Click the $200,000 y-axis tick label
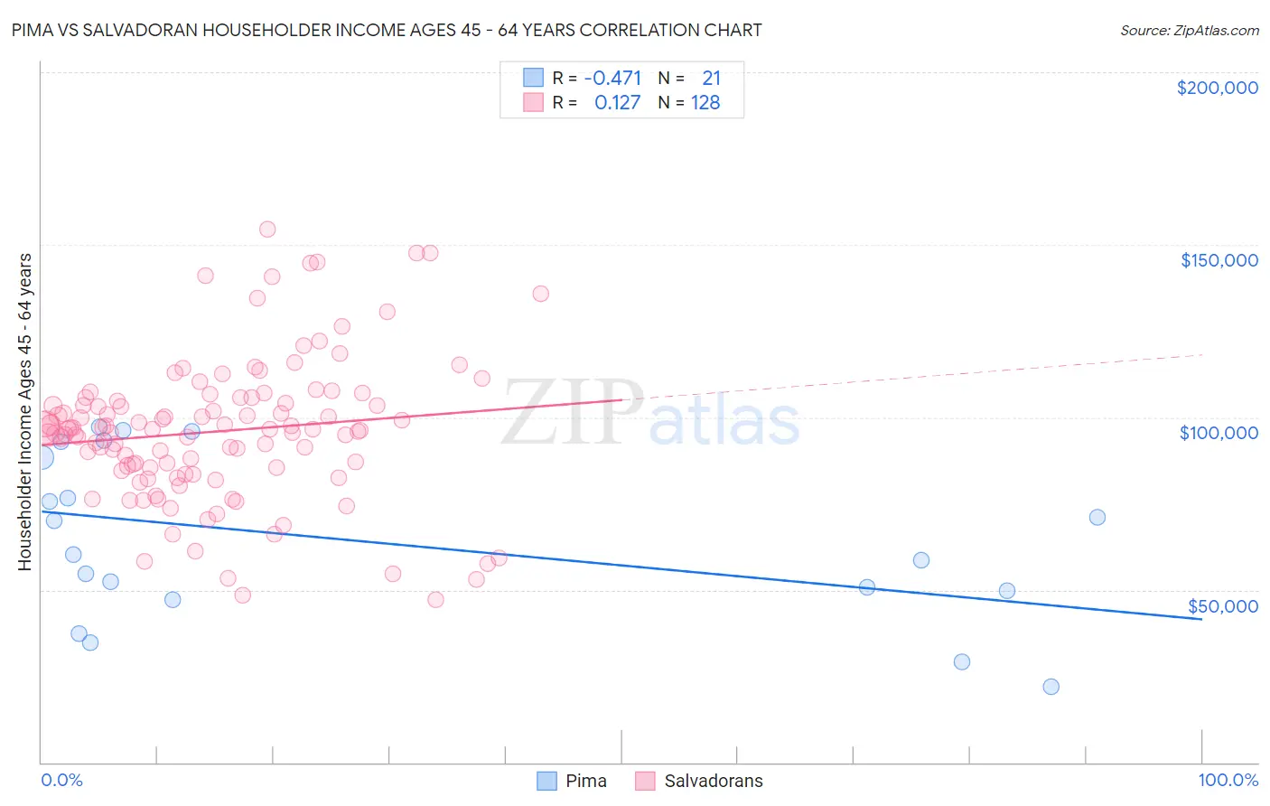tap(1217, 88)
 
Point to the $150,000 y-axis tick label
tap(1219, 260)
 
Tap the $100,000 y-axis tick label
tap(1219, 433)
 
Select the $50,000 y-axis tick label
tap(1222, 605)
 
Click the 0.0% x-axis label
tap(61, 780)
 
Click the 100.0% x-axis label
tap(1228, 780)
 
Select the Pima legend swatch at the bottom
tap(546, 781)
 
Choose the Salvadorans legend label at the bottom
tap(713, 781)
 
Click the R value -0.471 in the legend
tap(612, 79)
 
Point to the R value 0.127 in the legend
tap(617, 103)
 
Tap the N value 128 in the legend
tap(705, 103)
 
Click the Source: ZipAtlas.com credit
tap(1189, 30)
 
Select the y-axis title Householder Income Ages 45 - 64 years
tap(24, 412)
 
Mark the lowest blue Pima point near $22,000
tap(1051, 687)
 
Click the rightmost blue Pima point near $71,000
tap(1097, 518)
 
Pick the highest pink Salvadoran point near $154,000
tap(267, 230)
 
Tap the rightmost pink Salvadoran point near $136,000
tap(540, 294)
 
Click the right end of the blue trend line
tap(1201, 619)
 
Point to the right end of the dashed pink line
tap(1201, 355)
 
